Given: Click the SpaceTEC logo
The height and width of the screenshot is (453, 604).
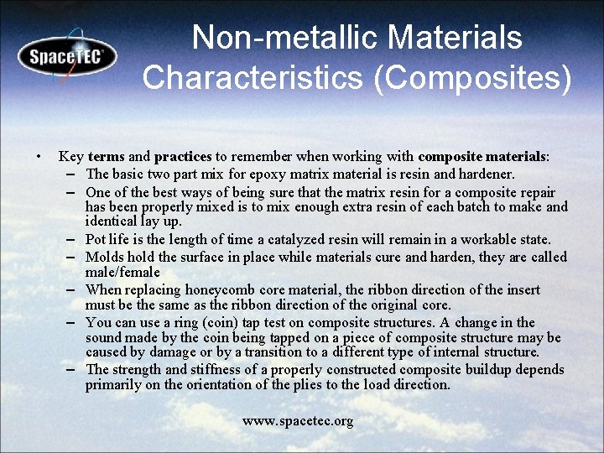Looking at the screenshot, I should (x=67, y=57).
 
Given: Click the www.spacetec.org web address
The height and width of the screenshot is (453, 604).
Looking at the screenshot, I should (x=298, y=420).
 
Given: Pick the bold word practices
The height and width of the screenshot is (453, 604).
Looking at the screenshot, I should (x=183, y=157).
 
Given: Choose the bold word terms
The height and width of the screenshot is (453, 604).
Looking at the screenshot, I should (x=106, y=157).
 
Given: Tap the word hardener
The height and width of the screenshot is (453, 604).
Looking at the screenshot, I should (x=487, y=174).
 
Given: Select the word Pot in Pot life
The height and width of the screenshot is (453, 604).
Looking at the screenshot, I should (x=96, y=240).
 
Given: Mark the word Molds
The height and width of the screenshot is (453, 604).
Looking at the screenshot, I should (x=104, y=257).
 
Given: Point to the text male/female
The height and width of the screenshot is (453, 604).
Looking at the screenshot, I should (x=122, y=273).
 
